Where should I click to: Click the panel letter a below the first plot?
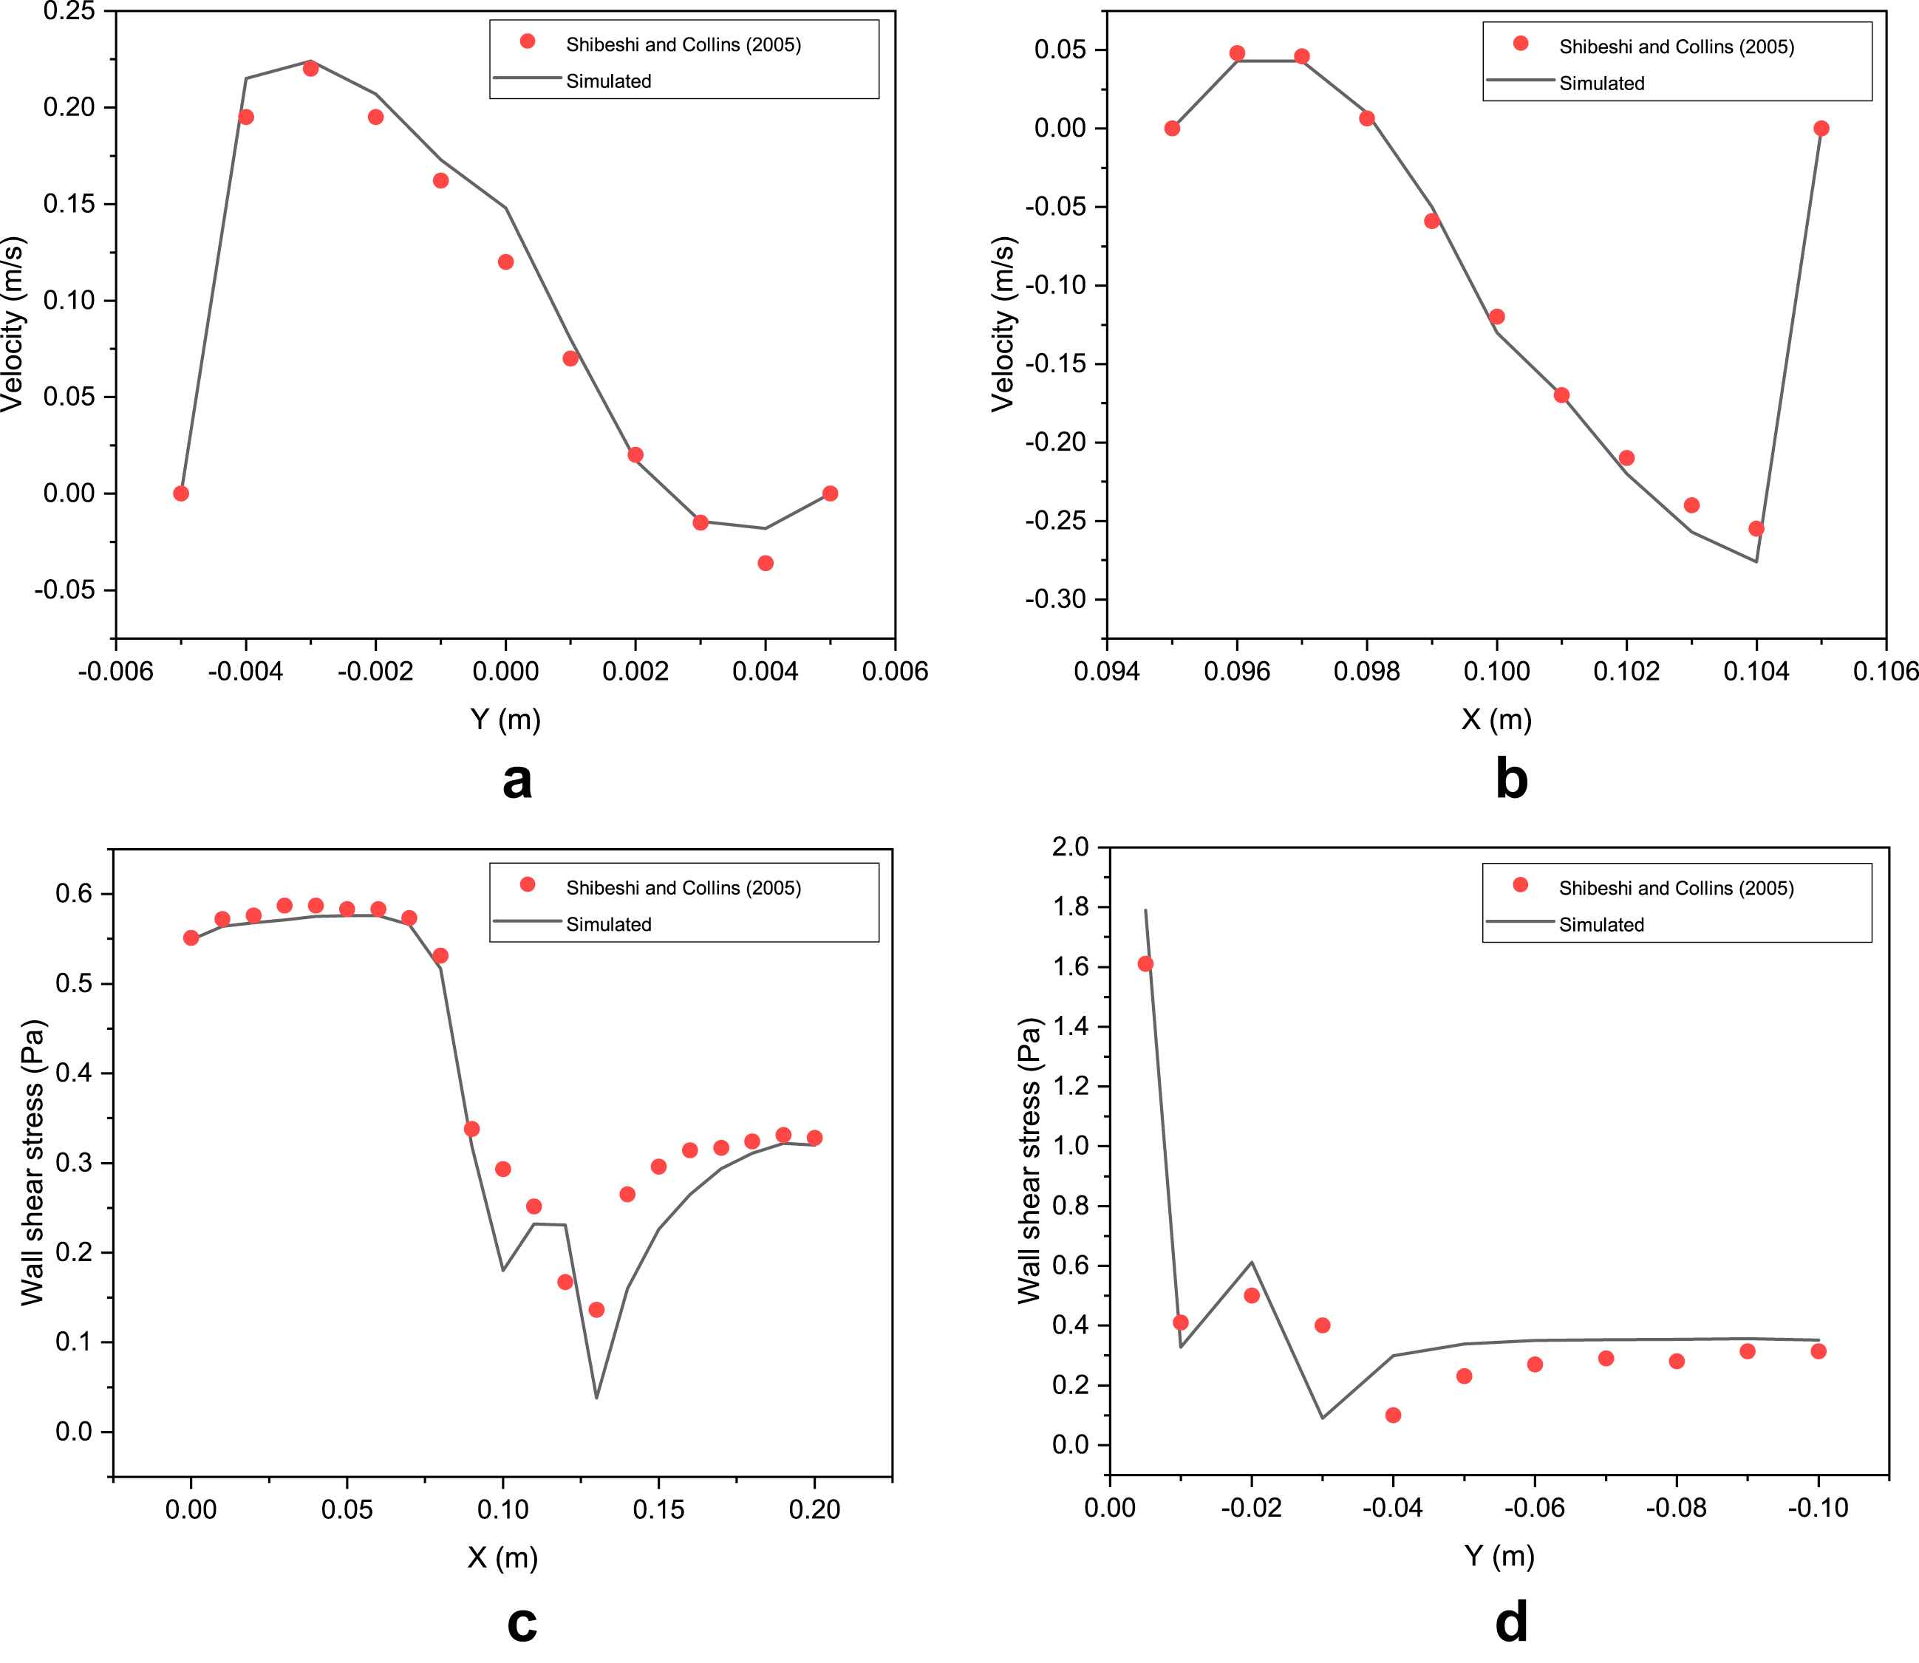(x=517, y=780)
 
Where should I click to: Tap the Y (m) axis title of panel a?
(x=505, y=720)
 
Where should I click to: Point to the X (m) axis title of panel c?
(x=502, y=1557)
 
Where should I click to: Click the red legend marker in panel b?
(x=1520, y=44)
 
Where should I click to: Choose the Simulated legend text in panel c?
(x=609, y=924)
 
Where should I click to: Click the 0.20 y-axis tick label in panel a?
(x=69, y=108)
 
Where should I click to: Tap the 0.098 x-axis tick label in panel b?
(x=1366, y=671)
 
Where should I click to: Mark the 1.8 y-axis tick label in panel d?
(x=1071, y=906)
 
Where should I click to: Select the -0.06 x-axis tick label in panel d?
(x=1534, y=1508)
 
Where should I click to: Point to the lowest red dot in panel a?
(x=766, y=563)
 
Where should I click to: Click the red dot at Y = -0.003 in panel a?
(x=311, y=69)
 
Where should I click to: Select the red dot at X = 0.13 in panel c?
(x=596, y=1309)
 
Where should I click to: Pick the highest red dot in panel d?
(x=1145, y=964)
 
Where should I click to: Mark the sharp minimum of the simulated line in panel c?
(x=596, y=1398)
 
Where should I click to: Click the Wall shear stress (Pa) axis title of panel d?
(x=1029, y=1161)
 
